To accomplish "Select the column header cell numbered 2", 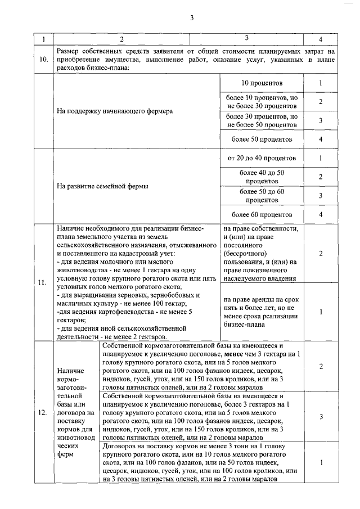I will (121, 39).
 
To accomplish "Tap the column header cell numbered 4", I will (320, 39).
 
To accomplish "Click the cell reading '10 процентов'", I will (262, 83).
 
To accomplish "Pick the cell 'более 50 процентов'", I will (262, 139).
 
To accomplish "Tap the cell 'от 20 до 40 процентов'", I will (262, 159).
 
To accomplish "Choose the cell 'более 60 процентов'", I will (262, 214).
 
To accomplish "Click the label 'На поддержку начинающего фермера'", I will (115, 111).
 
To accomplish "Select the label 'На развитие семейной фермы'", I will (103, 187).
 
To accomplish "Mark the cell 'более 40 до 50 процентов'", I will (262, 177).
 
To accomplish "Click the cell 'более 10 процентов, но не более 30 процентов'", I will (262, 102).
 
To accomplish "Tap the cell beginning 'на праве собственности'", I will (262, 253).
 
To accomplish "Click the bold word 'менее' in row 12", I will (234, 354).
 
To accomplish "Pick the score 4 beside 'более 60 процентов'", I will (320, 214).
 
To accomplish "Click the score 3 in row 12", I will (320, 417).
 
